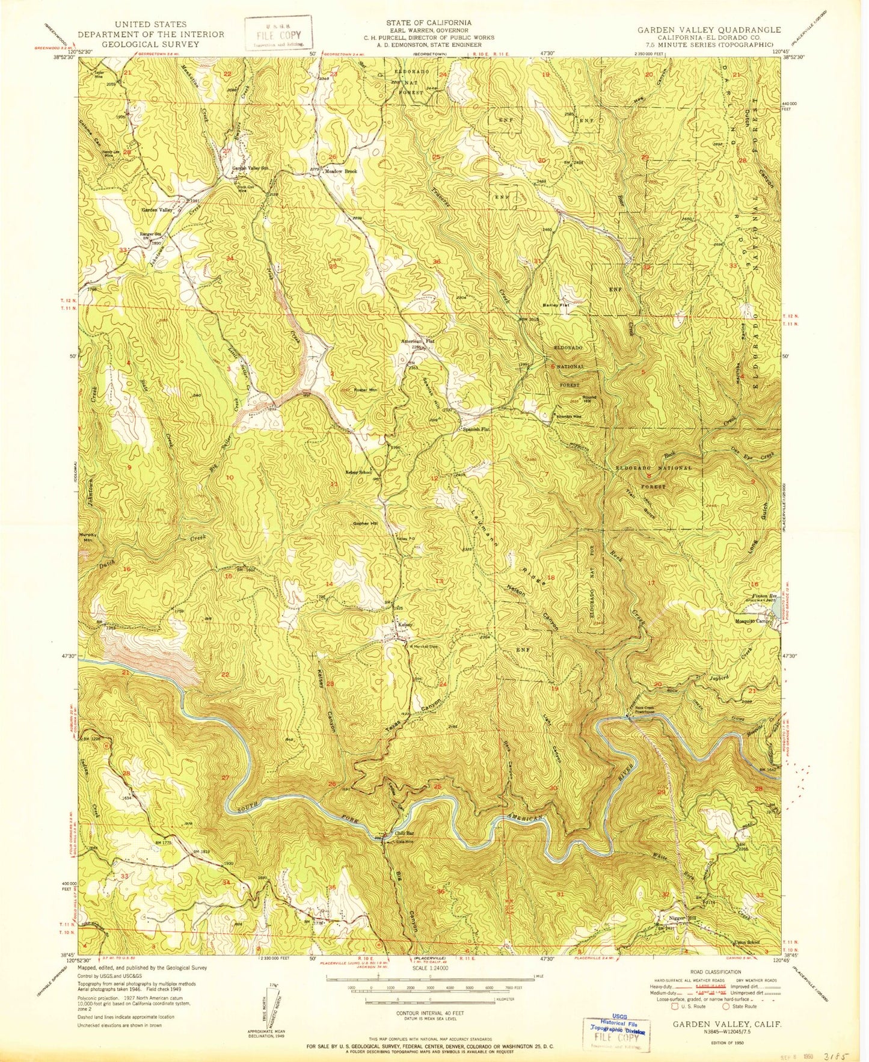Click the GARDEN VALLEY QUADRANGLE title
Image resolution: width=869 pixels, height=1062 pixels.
coord(710,29)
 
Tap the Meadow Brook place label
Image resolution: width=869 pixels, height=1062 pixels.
coord(341,172)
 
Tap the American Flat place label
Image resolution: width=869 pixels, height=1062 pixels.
coord(417,341)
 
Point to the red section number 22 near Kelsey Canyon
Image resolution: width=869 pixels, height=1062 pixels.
coord(226,674)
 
